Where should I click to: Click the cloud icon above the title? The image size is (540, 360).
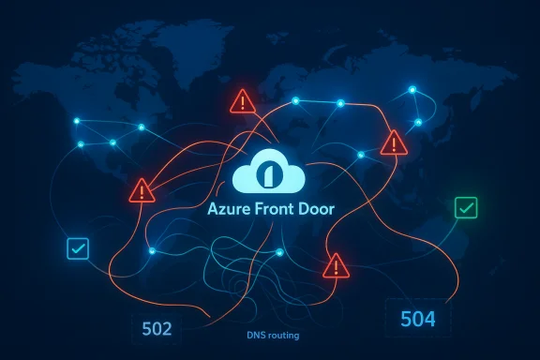[x=269, y=172]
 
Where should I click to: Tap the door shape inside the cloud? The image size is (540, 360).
[x=270, y=175]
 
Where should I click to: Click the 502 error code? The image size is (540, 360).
[x=157, y=328]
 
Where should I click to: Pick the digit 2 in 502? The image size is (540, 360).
[x=169, y=328]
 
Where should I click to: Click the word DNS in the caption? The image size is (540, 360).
[x=256, y=335]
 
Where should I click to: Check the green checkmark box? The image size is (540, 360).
[x=464, y=208]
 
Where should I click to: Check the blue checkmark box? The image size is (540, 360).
[x=77, y=249]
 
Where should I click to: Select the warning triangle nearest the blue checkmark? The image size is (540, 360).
[x=142, y=191]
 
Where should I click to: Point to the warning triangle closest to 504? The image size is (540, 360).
[x=335, y=266]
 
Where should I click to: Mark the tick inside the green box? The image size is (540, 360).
[x=464, y=208]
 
